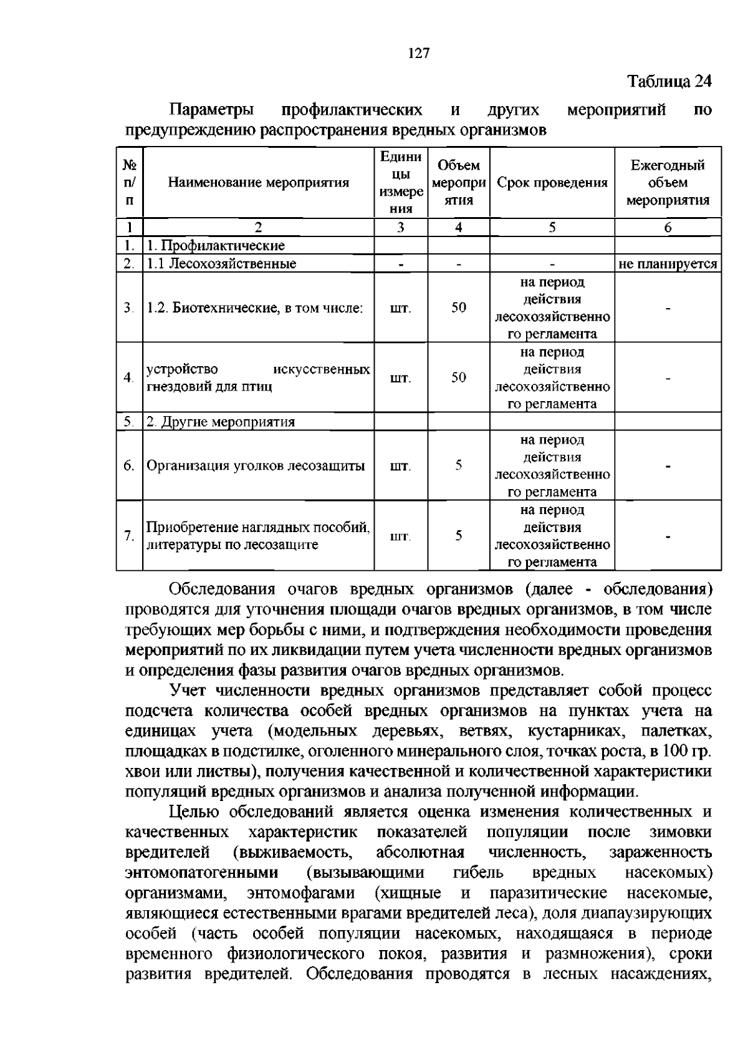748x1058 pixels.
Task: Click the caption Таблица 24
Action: (669, 82)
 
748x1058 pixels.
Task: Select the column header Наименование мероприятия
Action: (258, 183)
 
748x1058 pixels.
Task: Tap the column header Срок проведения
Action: (552, 183)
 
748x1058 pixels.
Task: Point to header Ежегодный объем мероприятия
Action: (668, 183)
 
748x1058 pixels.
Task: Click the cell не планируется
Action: (668, 264)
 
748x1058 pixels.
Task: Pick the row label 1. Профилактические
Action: (216, 246)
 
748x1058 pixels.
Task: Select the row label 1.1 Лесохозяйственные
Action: (221, 264)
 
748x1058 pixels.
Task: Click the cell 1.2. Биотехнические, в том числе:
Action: (254, 308)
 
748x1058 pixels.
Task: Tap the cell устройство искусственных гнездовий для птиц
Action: (258, 378)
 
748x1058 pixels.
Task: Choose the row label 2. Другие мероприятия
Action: (221, 422)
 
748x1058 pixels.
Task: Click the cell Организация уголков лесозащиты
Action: (256, 466)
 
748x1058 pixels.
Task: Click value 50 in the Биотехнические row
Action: (459, 308)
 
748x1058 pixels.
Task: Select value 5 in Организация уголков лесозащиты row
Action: (459, 465)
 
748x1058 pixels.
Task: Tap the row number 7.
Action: (129, 536)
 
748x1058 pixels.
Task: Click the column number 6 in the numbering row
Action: (668, 228)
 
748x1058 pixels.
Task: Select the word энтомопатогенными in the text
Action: (202, 872)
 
